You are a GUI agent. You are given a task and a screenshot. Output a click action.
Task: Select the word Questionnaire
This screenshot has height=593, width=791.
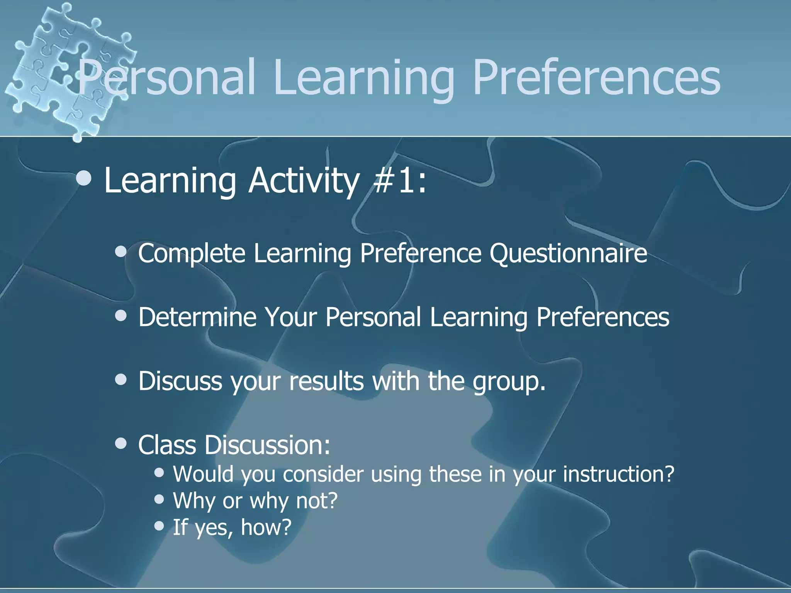(568, 254)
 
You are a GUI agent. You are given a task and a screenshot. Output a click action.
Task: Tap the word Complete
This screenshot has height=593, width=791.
(192, 254)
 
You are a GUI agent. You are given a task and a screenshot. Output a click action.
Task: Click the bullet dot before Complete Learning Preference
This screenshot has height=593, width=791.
(121, 252)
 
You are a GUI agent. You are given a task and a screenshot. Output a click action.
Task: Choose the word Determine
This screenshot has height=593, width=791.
(197, 317)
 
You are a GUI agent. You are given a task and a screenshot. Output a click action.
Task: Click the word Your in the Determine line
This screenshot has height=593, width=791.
(291, 317)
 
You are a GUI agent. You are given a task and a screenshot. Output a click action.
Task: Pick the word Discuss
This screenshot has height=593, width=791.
(180, 381)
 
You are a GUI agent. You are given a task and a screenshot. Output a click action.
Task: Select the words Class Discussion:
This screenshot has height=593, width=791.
(234, 445)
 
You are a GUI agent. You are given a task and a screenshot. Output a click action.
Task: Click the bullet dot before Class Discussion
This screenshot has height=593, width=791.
(121, 444)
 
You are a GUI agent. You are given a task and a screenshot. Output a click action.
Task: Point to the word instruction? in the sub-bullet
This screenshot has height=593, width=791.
(618, 474)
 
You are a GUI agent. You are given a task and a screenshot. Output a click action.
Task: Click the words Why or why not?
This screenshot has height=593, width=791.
(255, 501)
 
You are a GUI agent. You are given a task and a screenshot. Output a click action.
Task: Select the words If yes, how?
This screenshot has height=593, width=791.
(232, 527)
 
